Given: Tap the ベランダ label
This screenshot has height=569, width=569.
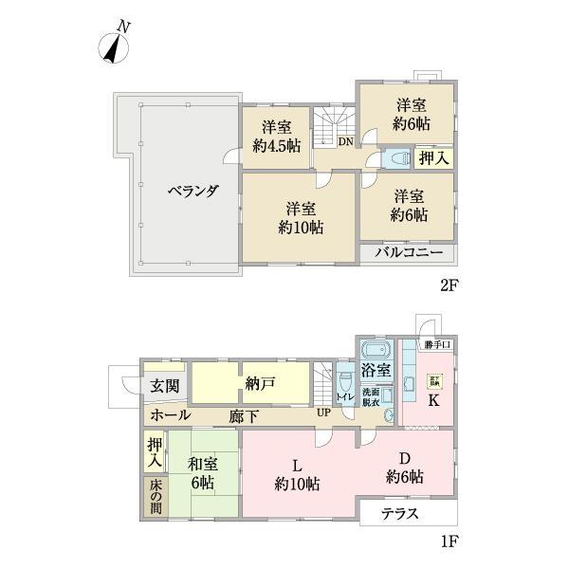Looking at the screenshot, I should [193, 191].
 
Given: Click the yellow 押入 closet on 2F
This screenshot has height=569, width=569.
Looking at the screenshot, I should [433, 157].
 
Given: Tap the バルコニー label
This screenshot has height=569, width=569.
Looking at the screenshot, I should [408, 253].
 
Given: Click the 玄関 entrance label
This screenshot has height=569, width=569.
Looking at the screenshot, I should [163, 386].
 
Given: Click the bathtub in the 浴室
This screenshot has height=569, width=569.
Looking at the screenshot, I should [376, 348].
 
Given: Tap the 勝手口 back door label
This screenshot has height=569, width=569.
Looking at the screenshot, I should [437, 344].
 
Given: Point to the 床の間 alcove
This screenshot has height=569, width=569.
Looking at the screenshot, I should [155, 495].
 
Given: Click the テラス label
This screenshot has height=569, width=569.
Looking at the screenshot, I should [400, 514].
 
